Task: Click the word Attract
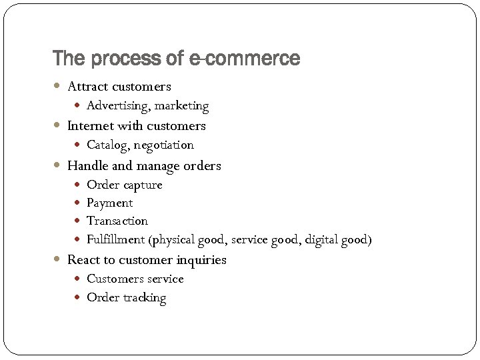click(x=88, y=87)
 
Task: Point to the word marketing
click(x=182, y=106)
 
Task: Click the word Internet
click(x=90, y=126)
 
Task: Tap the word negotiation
click(x=163, y=145)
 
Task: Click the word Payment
click(x=109, y=203)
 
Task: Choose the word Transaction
click(x=117, y=221)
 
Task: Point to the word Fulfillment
click(x=115, y=240)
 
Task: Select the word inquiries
click(x=201, y=261)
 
